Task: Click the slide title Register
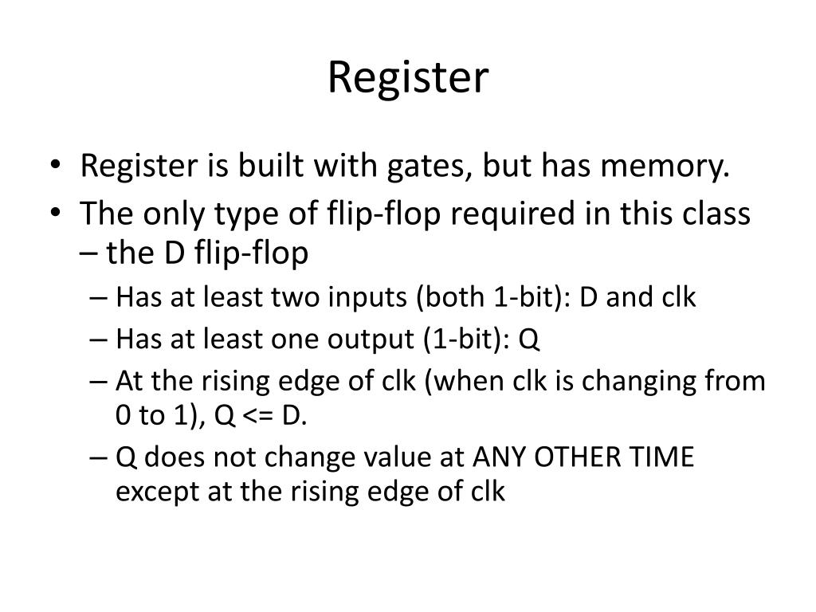pyautogui.click(x=407, y=78)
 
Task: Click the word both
pyautogui.click(x=441, y=298)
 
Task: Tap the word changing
pyautogui.click(x=636, y=382)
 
